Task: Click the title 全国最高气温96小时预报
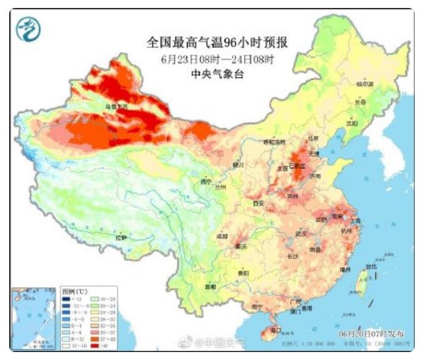click(217, 42)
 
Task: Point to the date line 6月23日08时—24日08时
click(217, 60)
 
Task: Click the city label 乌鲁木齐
click(117, 108)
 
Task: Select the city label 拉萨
click(121, 237)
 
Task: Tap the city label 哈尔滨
click(366, 83)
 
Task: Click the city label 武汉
click(300, 233)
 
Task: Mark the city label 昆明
click(211, 286)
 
